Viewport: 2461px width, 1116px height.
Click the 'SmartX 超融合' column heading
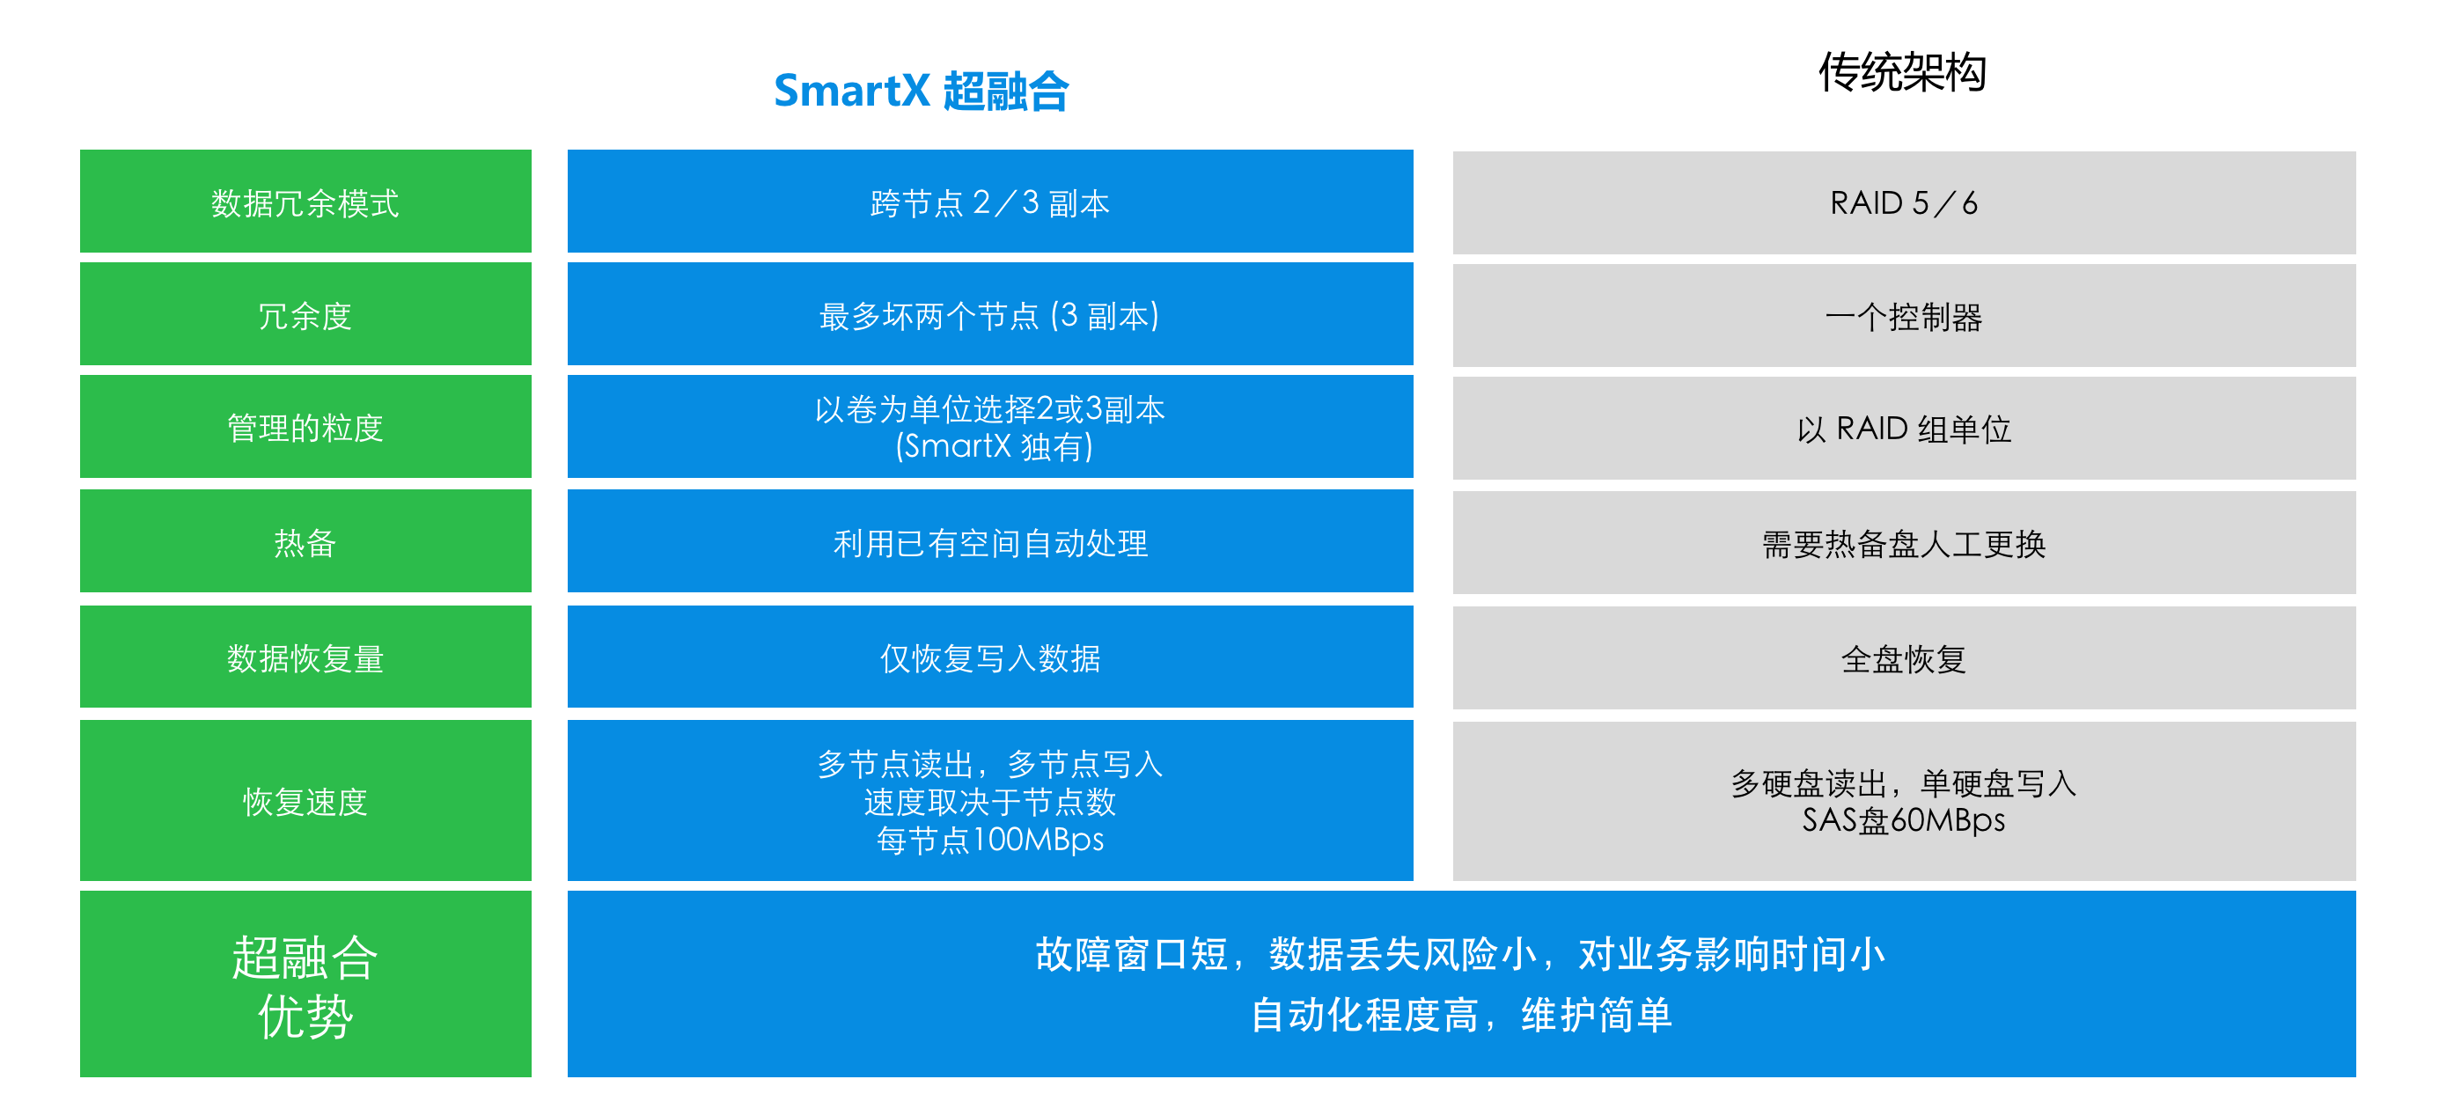(921, 91)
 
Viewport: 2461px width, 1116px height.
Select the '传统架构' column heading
(1902, 71)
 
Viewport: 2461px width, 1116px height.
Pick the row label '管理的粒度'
(305, 426)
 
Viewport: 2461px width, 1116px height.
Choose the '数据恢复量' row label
(305, 657)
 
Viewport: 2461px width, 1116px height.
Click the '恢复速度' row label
(305, 801)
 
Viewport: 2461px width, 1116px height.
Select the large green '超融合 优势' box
(305, 984)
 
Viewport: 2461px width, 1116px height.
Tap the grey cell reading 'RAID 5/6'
(1904, 202)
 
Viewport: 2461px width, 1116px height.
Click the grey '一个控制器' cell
(1904, 315)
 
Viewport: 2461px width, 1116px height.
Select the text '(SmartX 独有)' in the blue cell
(994, 446)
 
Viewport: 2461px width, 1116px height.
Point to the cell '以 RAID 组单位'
(1904, 428)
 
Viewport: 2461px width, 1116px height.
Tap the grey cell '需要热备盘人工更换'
(1904, 543)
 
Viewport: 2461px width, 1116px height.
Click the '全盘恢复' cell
(1904, 658)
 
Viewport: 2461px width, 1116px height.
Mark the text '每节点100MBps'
(989, 840)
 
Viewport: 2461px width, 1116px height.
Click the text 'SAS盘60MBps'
(1903, 819)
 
